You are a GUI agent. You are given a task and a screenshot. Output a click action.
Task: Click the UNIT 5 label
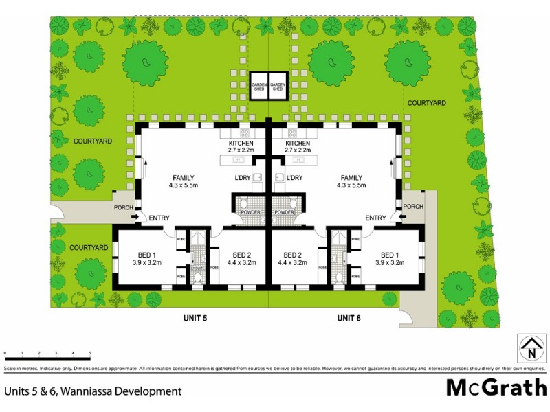point(196,317)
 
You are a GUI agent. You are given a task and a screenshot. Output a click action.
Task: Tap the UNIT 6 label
point(350,317)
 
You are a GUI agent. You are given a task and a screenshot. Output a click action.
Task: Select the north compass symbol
point(531,347)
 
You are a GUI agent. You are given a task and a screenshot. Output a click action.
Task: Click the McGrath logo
point(496,388)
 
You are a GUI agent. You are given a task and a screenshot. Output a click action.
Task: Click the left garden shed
point(258,87)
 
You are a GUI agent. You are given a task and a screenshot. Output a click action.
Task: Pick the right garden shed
point(278,87)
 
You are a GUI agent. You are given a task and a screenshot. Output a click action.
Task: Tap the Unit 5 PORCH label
point(124,207)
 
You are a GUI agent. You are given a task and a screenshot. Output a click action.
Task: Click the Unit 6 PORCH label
point(412,207)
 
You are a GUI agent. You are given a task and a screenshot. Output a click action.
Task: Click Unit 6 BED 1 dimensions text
point(390,262)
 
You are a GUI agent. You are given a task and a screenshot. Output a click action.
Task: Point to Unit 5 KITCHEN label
point(236,144)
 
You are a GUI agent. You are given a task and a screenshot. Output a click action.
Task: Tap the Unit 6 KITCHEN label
point(298,144)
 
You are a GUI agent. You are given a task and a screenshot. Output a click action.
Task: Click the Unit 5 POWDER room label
point(250,212)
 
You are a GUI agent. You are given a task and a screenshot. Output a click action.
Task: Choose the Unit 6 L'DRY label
point(294,178)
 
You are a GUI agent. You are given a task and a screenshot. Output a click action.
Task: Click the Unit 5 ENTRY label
point(159,218)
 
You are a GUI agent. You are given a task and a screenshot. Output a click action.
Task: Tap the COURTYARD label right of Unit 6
point(427,102)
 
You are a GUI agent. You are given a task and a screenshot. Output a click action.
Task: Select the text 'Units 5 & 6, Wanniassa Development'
point(93,391)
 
